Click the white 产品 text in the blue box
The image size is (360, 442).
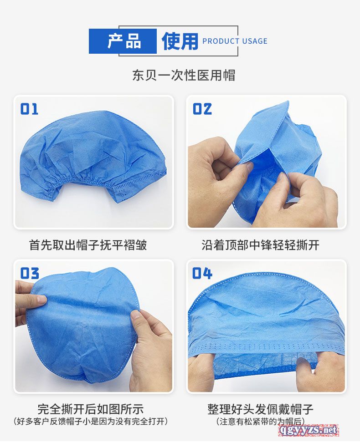click(x=124, y=41)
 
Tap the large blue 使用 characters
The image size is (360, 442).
click(x=180, y=41)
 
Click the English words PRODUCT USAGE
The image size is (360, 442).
click(x=235, y=41)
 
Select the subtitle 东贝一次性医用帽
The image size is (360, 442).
click(x=184, y=75)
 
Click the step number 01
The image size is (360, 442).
click(x=29, y=109)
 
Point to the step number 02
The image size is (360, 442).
click(x=202, y=109)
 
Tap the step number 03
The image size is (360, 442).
click(x=29, y=273)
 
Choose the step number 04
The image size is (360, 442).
click(x=202, y=273)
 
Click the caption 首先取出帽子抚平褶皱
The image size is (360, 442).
click(x=88, y=245)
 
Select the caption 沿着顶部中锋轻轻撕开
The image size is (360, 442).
click(x=260, y=245)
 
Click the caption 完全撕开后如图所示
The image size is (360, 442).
click(x=91, y=409)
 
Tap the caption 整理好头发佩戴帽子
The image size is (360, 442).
click(x=260, y=409)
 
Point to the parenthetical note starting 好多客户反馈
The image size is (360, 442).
click(x=91, y=422)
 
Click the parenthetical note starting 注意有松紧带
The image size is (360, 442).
click(x=260, y=422)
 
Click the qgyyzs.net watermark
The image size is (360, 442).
click(x=309, y=430)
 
